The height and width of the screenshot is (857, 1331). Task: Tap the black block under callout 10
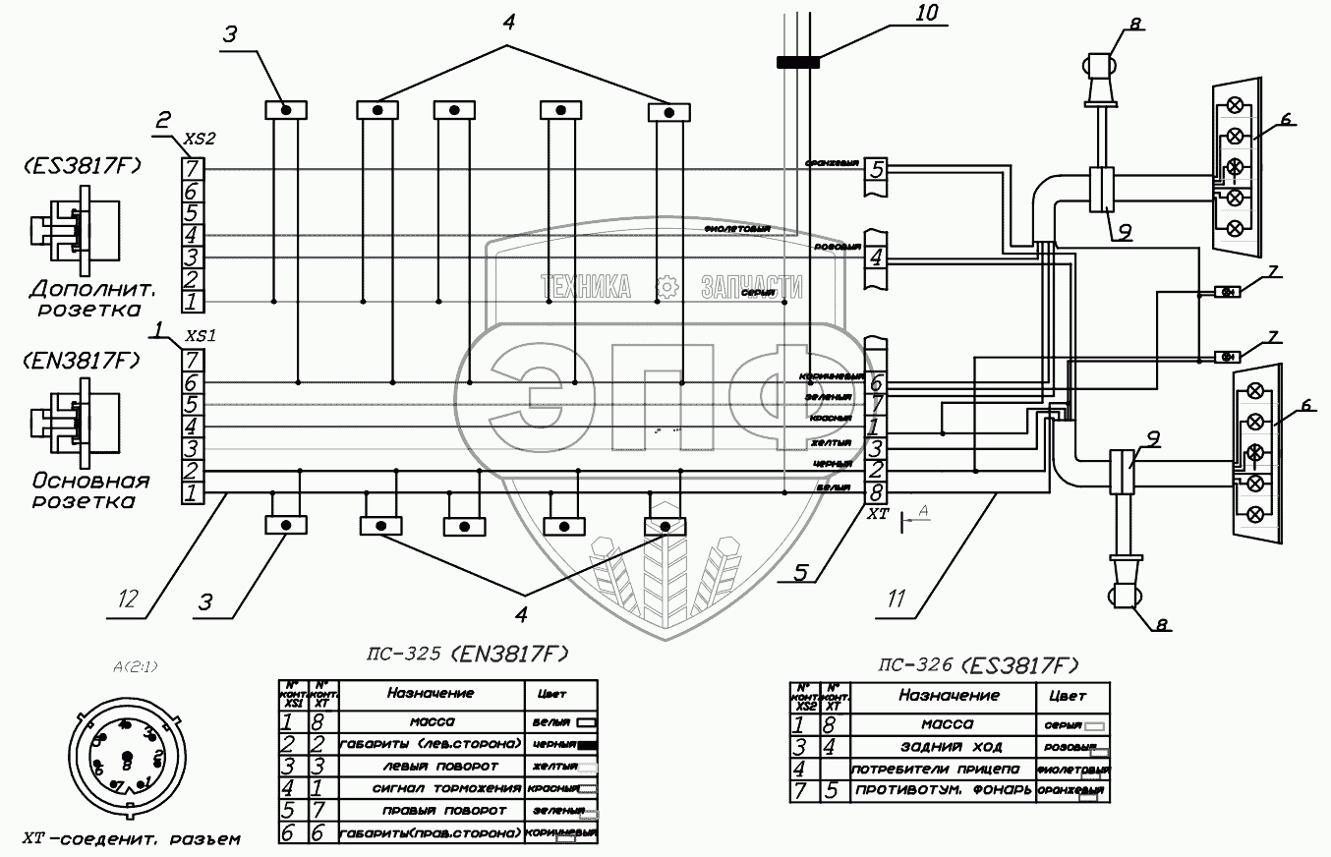(797, 62)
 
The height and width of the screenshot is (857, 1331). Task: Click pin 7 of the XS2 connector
(193, 169)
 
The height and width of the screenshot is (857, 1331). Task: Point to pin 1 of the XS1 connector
(193, 491)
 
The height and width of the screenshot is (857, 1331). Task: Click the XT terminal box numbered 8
(876, 491)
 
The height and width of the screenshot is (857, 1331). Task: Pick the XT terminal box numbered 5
(876, 168)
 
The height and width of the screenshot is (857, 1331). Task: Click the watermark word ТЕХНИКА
(586, 287)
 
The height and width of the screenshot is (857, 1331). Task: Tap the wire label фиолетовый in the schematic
(736, 228)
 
